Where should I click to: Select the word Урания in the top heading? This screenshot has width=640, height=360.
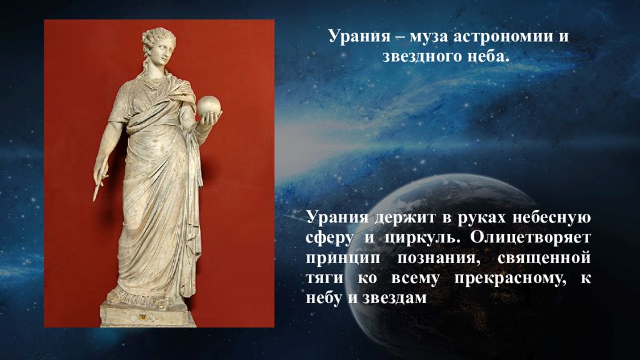(356, 36)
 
